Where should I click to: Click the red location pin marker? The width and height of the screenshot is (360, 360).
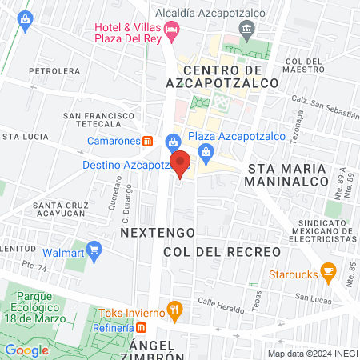pyautogui.click(x=181, y=164)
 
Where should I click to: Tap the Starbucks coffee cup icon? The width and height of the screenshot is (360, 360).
pyautogui.click(x=328, y=272)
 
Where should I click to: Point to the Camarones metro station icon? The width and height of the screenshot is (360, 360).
pyautogui.click(x=148, y=141)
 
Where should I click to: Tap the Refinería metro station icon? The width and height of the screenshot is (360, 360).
pyautogui.click(x=142, y=326)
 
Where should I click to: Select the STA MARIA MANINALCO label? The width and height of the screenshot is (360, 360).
pyautogui.click(x=288, y=175)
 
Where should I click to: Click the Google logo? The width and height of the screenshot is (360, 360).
pyautogui.click(x=26, y=350)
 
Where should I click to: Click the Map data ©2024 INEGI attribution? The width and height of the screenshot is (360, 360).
pyautogui.click(x=312, y=354)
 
